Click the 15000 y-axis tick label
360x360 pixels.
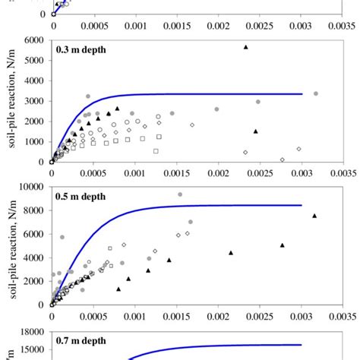click(32, 350)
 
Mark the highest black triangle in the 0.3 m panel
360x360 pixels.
click(245, 47)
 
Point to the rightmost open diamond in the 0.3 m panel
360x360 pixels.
click(298, 149)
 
